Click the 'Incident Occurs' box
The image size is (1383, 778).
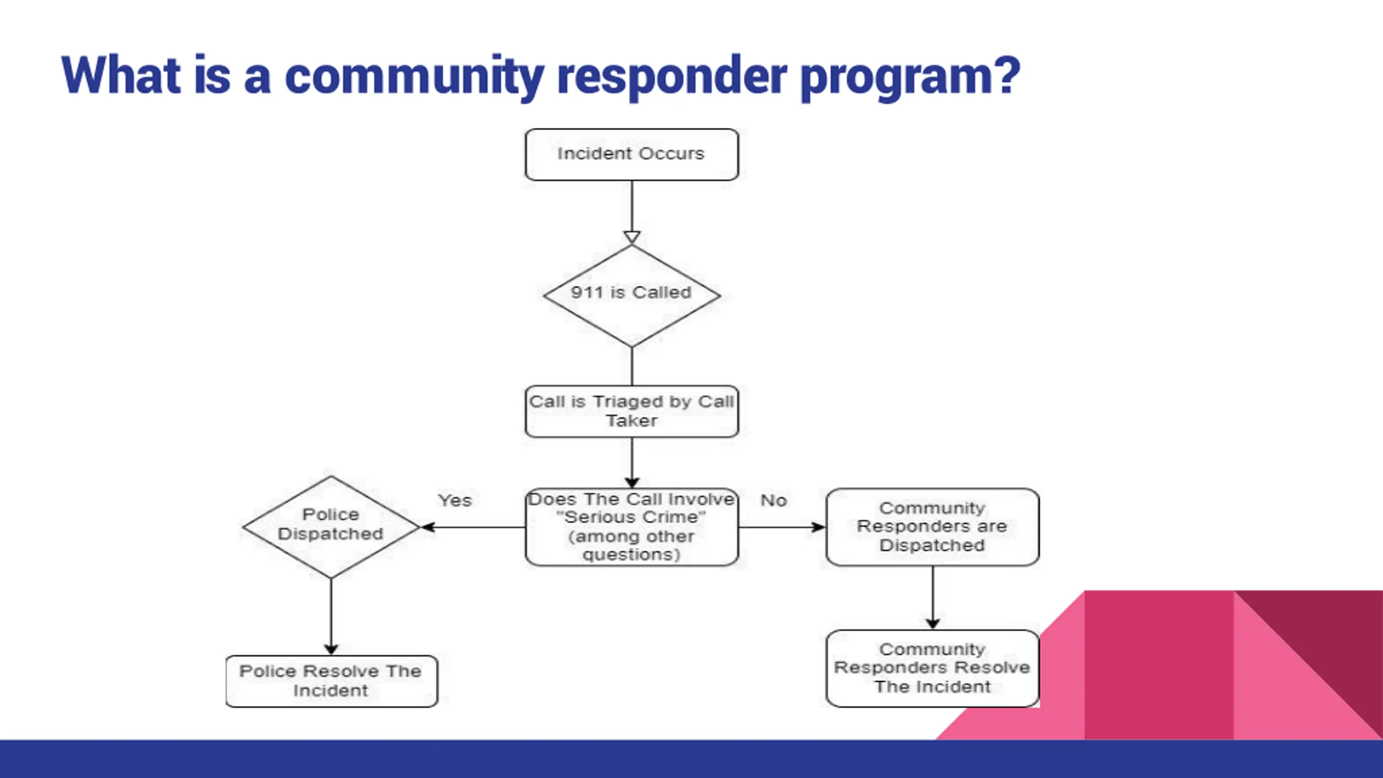coord(632,155)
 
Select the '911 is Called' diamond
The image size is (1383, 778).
coord(632,296)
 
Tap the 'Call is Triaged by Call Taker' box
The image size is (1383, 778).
coord(632,411)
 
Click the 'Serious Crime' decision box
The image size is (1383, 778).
coord(632,527)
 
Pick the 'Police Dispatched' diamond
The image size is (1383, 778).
coord(331,527)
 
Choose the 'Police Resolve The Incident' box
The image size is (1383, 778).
coord(331,681)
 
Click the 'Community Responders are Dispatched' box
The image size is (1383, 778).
coord(932,527)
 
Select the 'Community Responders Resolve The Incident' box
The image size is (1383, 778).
coord(932,668)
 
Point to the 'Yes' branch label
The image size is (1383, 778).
coord(454,500)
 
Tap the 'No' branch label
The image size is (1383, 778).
coord(774,500)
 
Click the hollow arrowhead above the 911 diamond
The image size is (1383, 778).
coord(632,238)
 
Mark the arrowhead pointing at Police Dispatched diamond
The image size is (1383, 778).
coord(427,527)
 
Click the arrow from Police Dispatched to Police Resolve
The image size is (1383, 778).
coord(331,616)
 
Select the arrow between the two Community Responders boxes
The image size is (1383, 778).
coord(932,598)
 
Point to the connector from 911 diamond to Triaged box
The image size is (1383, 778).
coord(632,366)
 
